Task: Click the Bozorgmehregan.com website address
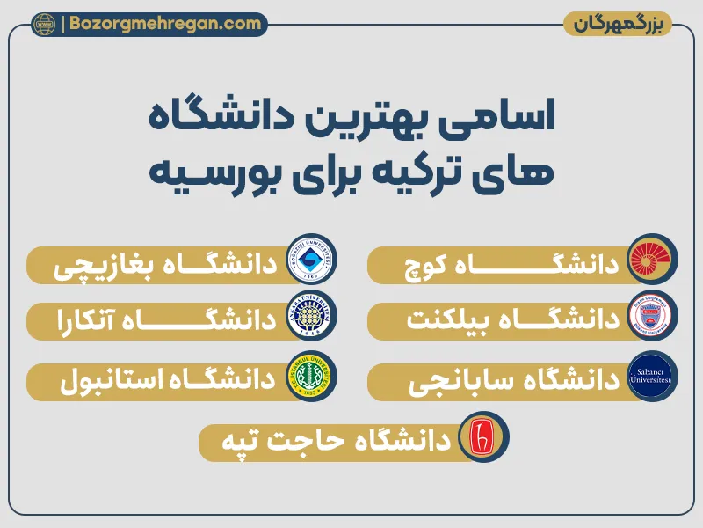(x=164, y=24)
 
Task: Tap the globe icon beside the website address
(x=44, y=25)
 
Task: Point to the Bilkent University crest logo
(x=652, y=320)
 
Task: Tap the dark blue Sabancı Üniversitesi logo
(x=652, y=377)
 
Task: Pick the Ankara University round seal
(x=312, y=320)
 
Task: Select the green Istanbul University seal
(x=312, y=377)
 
